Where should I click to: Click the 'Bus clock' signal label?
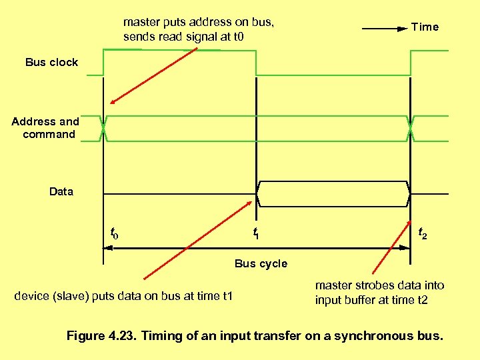[x=51, y=63]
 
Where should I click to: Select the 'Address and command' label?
[x=45, y=128]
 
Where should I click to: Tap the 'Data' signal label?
[x=61, y=192]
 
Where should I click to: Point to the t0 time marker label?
[x=114, y=233]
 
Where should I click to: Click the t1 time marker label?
[x=255, y=233]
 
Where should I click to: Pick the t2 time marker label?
[x=423, y=233]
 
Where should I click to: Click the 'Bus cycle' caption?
[x=261, y=263]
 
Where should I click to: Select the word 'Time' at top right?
[x=425, y=27]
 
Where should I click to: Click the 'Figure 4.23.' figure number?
[x=105, y=336]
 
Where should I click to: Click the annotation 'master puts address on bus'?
[x=198, y=22]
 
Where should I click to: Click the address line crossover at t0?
[x=104, y=128]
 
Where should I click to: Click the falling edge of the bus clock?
[x=256, y=63]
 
